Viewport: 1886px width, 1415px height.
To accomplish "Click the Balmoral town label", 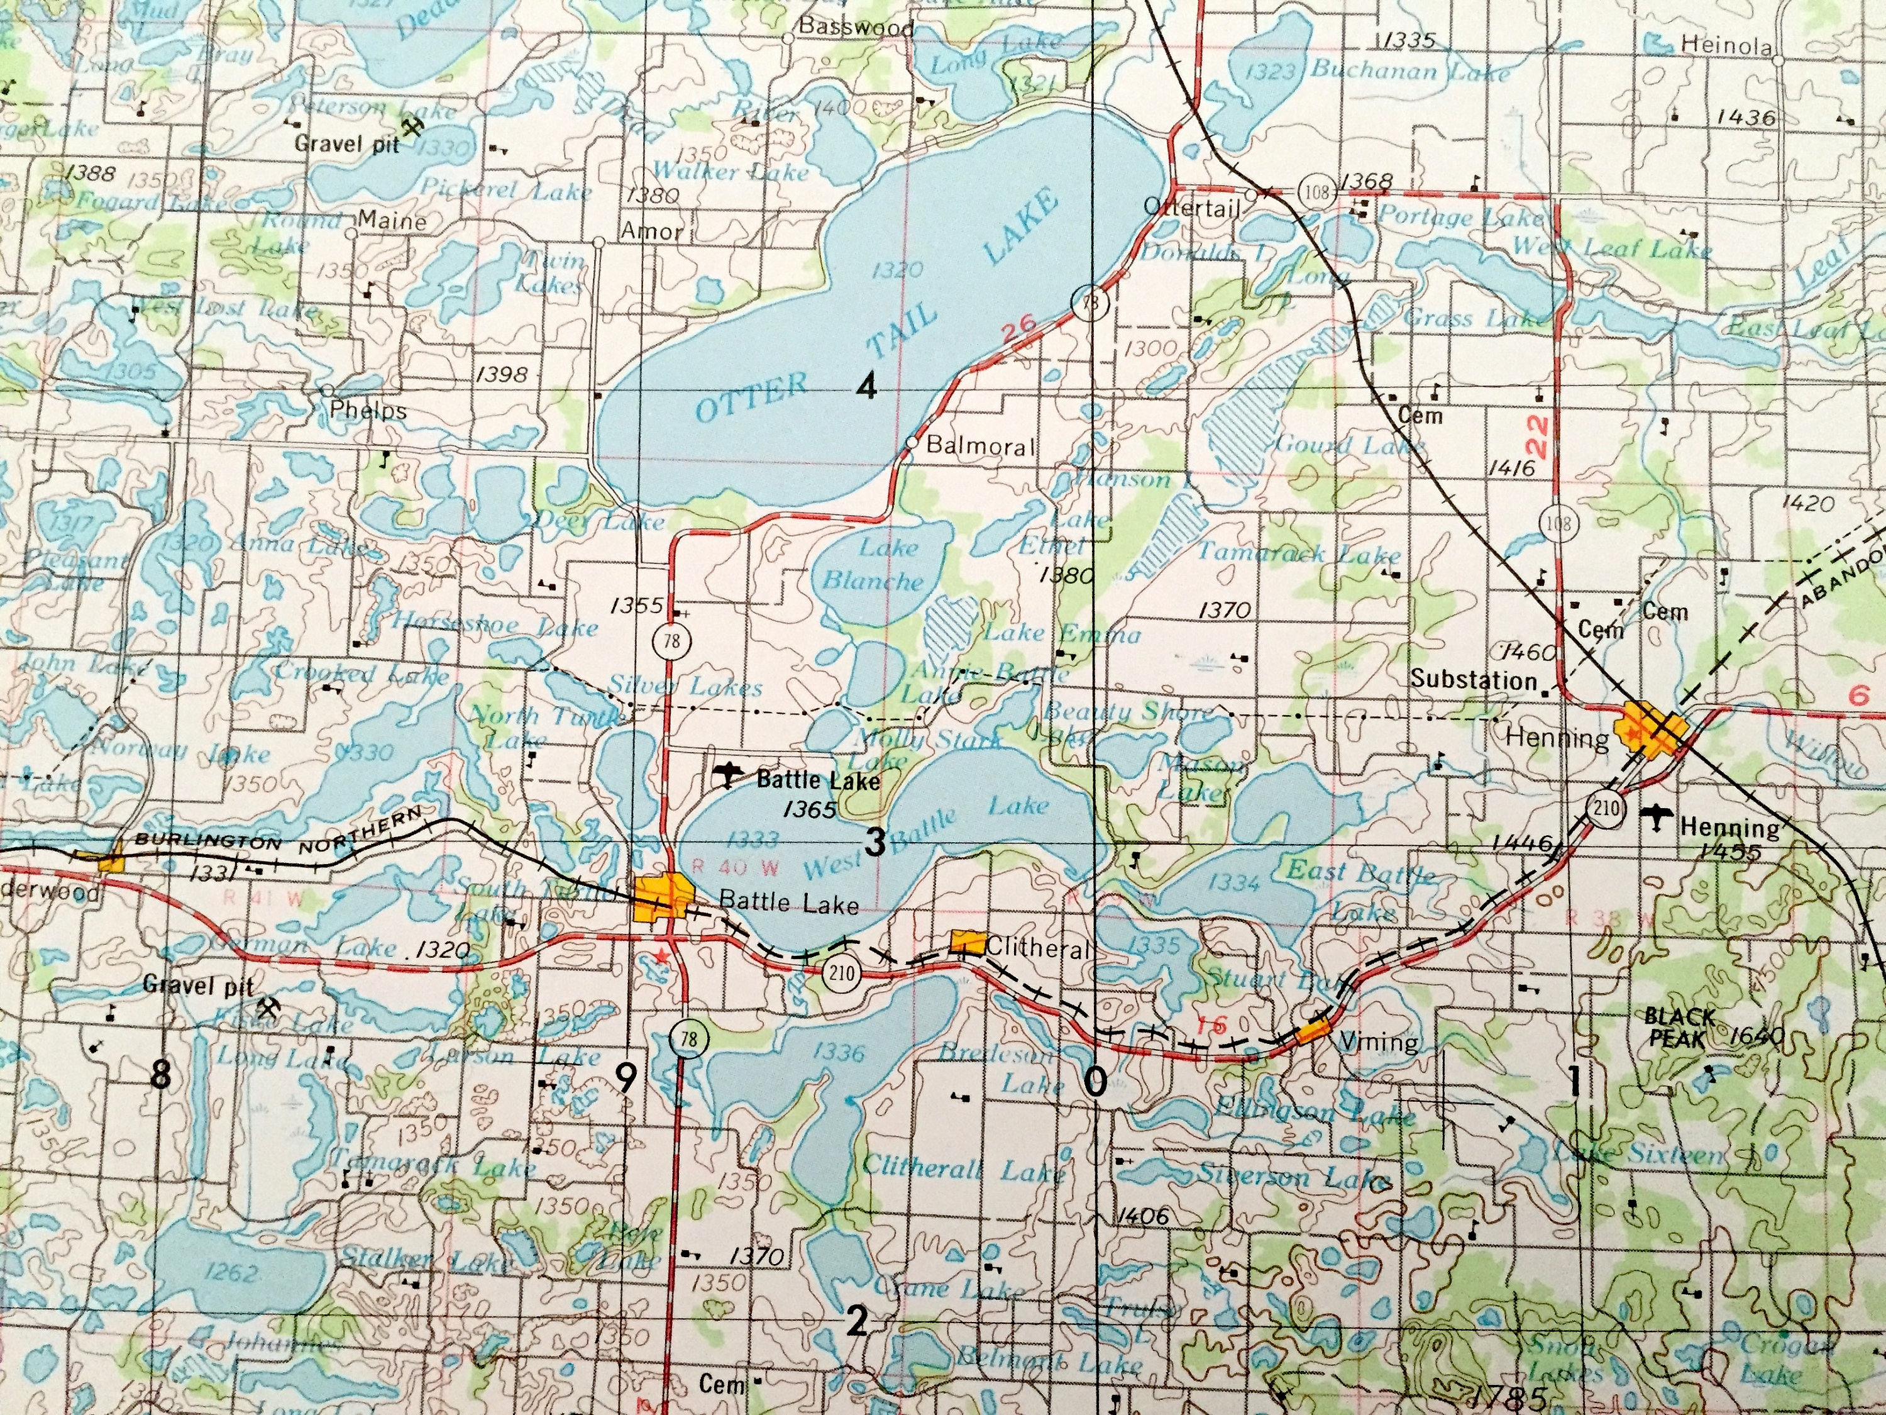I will [979, 445].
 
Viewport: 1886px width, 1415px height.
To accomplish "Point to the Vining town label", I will [1379, 1042].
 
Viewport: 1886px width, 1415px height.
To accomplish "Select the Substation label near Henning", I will [1474, 680].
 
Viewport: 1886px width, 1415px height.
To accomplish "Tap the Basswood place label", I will [855, 27].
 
